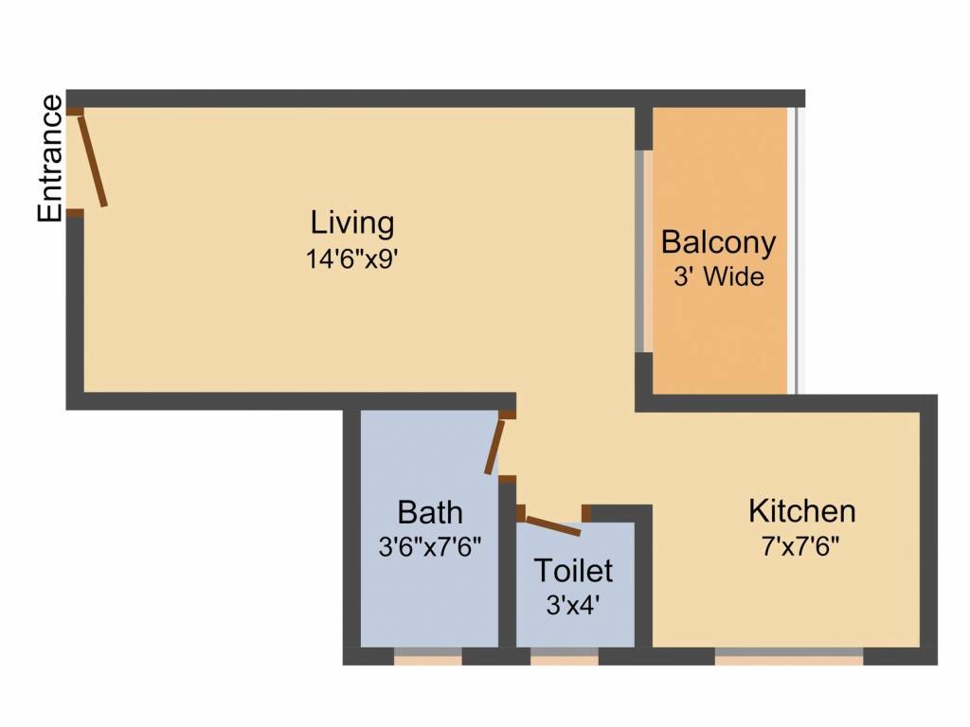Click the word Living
(352, 223)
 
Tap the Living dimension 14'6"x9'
(350, 259)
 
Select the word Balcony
(718, 243)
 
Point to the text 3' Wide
(718, 276)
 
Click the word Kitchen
(801, 511)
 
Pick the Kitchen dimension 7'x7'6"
(800, 546)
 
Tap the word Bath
(429, 512)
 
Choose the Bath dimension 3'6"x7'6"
(430, 546)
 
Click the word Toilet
(573, 571)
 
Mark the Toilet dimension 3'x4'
(573, 605)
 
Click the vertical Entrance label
(50, 158)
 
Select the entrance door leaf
(92, 161)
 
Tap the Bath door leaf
(494, 447)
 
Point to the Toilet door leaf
(553, 525)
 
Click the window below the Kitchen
(789, 657)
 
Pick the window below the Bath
(427, 657)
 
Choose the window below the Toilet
(565, 657)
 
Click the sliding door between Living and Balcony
(644, 251)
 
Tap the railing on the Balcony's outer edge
(796, 250)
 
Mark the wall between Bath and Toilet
(508, 564)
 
